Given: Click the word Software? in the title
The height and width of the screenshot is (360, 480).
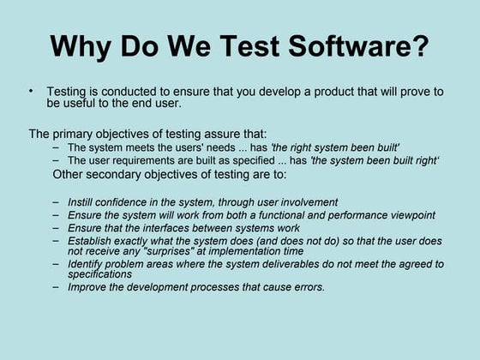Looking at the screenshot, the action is pyautogui.click(x=358, y=45).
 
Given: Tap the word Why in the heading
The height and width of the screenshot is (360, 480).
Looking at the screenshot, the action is pyautogui.click(x=81, y=47).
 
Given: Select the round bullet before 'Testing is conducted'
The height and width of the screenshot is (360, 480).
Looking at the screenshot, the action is pyautogui.click(x=31, y=91).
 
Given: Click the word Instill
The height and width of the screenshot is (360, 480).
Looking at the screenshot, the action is pyautogui.click(x=77, y=202).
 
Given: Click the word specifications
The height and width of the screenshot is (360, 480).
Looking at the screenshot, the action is pyautogui.click(x=99, y=274).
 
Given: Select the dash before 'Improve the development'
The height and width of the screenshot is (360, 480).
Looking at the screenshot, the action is pyautogui.click(x=56, y=287).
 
